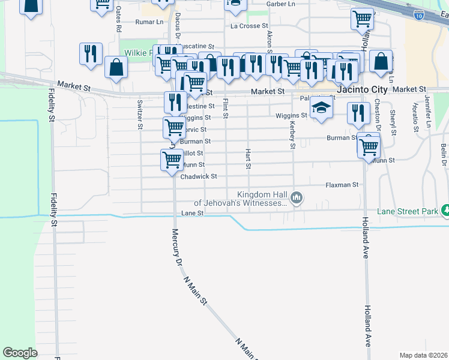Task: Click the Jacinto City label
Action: (x=362, y=89)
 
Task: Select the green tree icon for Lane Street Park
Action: (x=445, y=211)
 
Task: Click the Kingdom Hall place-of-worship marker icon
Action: (x=296, y=197)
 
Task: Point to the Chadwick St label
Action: (x=198, y=176)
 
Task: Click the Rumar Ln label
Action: (x=149, y=22)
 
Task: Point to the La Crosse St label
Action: (x=249, y=26)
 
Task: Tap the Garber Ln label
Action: (x=281, y=4)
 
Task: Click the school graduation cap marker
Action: (x=321, y=108)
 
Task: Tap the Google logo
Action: (x=20, y=353)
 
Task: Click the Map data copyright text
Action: (x=423, y=355)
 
